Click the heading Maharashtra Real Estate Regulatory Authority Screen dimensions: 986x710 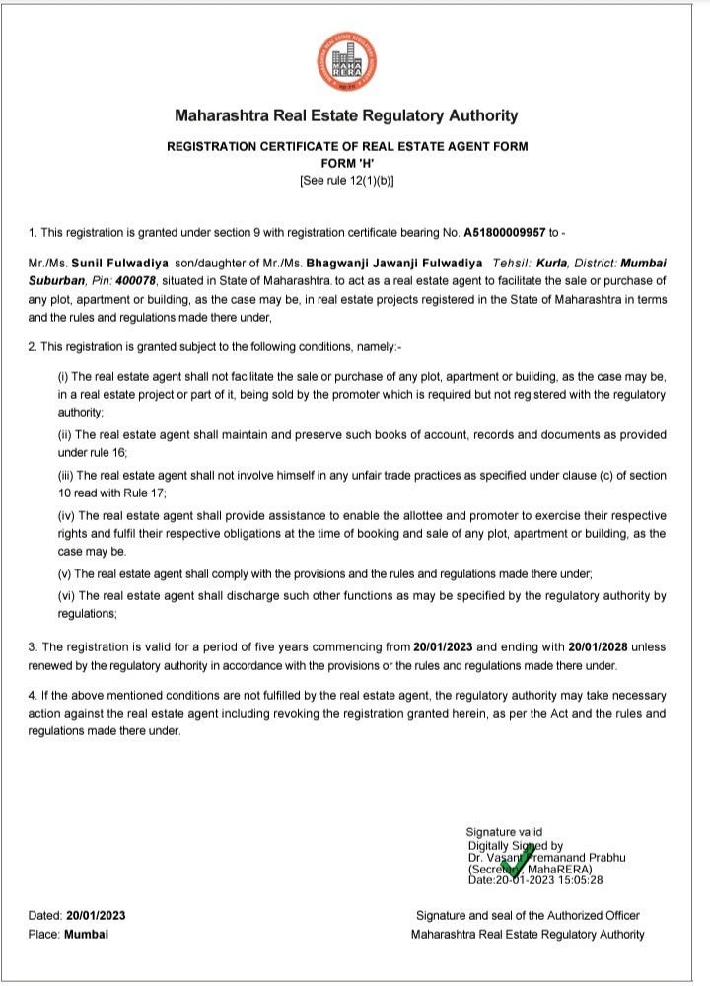tap(346, 115)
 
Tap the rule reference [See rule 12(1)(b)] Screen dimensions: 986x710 tap(346, 180)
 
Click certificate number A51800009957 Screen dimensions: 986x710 tap(505, 233)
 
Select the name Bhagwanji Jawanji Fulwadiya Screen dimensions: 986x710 tap(393, 265)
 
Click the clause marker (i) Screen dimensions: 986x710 tap(66, 377)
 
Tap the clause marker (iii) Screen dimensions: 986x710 tap(68, 475)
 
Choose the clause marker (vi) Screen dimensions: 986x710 tap(68, 596)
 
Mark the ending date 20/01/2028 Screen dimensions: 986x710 tap(602, 647)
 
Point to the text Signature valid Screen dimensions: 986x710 tap(504, 832)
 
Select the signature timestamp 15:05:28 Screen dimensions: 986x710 tap(580, 880)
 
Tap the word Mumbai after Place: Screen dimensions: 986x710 tap(87, 934)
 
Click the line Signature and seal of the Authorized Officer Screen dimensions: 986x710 tap(528, 915)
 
